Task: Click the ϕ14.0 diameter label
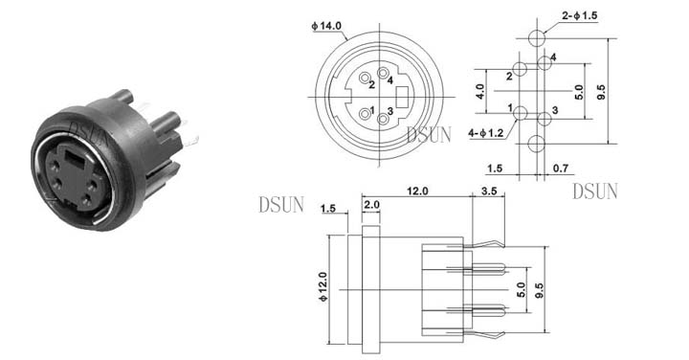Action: tap(326, 26)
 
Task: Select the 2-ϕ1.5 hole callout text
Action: tap(580, 16)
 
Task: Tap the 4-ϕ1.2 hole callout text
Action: tap(485, 133)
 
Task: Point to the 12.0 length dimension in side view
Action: tap(417, 191)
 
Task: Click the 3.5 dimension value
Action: tap(489, 191)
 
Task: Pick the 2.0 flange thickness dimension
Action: tap(371, 205)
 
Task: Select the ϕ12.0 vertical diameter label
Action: tap(323, 286)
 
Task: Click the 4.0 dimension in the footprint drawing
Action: tap(479, 91)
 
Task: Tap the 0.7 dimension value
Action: tap(561, 168)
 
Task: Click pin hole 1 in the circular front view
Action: tap(365, 114)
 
